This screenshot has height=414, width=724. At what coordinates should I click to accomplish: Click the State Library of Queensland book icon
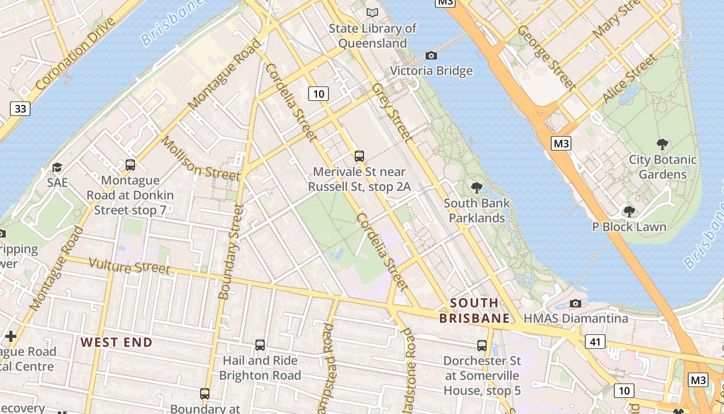372,12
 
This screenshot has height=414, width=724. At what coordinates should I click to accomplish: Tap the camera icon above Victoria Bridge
431,55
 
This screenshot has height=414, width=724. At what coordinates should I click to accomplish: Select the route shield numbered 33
20,109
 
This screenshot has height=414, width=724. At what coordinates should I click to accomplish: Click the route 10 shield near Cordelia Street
319,94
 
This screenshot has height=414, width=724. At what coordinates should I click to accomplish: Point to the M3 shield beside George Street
561,143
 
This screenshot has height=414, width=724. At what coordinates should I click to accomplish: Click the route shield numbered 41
595,342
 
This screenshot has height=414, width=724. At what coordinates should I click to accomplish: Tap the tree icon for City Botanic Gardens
662,144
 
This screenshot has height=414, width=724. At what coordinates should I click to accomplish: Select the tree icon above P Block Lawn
629,211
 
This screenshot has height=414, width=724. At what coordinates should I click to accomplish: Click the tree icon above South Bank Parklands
476,188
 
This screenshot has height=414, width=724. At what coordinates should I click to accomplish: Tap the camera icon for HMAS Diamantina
575,303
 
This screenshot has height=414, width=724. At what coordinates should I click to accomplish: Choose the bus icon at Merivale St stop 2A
359,156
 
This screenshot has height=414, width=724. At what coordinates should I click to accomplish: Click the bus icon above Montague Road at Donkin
130,165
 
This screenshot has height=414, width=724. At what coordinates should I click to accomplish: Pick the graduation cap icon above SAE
57,168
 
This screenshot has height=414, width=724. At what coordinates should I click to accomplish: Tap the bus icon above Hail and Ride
260,345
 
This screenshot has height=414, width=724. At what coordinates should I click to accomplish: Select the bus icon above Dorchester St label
482,345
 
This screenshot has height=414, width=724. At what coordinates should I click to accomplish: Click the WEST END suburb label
116,342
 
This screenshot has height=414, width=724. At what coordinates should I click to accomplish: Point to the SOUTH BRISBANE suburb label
474,310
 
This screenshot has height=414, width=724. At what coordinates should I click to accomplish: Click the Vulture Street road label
129,266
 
